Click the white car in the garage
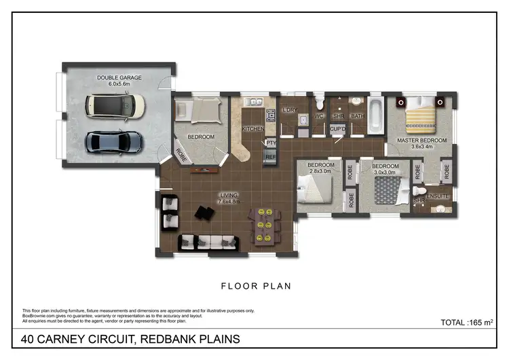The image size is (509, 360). [x=115, y=105]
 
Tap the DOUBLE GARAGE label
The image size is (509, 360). [x=119, y=78]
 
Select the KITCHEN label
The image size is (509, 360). [x=252, y=128]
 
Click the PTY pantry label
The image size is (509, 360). [x=271, y=143]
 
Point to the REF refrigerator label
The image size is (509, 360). [x=271, y=157]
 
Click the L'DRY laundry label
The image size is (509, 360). [x=290, y=110]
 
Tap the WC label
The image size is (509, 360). [x=318, y=116]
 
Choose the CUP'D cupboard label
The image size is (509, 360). [x=338, y=128]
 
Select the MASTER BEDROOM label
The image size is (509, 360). [x=422, y=141]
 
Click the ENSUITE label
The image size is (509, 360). [x=438, y=196]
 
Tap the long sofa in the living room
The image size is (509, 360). [x=208, y=241]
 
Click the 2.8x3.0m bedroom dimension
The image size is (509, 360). [x=320, y=173]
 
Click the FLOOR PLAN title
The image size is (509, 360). [x=257, y=286]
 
